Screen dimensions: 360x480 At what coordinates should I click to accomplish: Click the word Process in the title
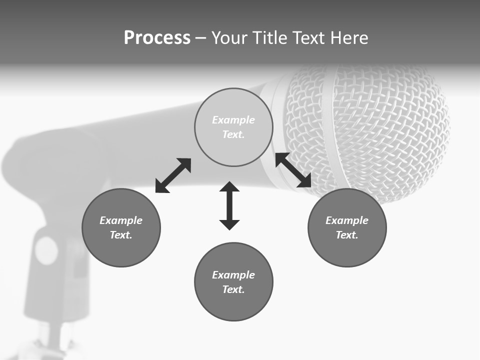tap(157, 38)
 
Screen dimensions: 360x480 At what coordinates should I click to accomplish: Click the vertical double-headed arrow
tap(229, 205)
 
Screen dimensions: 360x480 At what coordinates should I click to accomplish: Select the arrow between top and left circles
tap(173, 175)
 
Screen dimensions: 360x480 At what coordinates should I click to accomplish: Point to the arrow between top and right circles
tap(293, 170)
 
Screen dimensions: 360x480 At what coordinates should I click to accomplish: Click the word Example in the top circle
tap(233, 120)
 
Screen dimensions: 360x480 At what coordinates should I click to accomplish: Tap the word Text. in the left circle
tap(121, 235)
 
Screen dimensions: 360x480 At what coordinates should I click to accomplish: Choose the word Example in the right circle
tap(347, 220)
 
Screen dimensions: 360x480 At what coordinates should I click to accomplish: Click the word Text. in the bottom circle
tap(233, 289)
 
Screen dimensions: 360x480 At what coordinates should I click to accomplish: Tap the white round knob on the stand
tap(46, 250)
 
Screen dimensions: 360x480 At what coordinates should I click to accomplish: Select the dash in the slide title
tap(200, 38)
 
